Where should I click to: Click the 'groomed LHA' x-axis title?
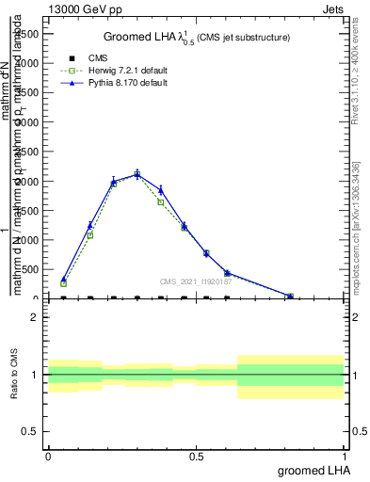tap(311, 470)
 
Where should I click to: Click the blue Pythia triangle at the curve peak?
tap(137, 173)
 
